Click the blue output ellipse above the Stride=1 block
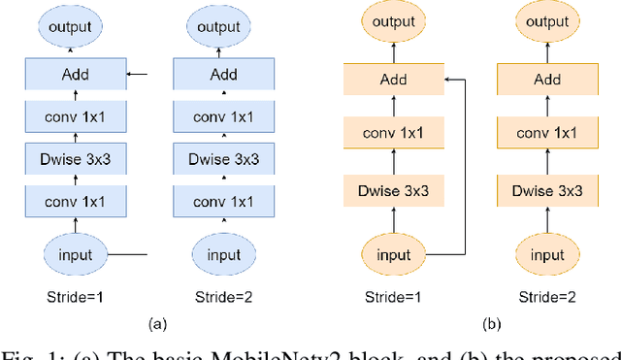point(75,26)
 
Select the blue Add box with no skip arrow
point(223,74)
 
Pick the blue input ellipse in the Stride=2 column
point(223,255)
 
